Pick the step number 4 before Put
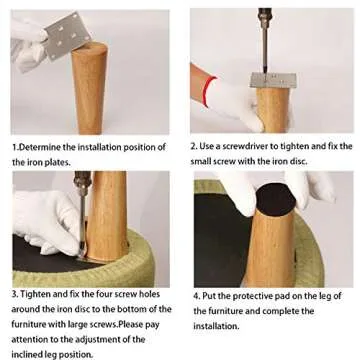(x=196, y=296)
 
